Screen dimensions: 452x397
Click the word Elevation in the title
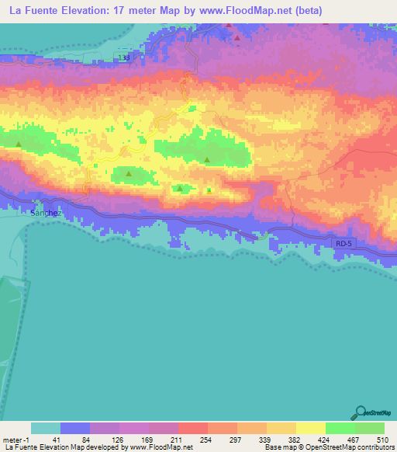[95, 10]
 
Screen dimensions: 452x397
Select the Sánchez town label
[46, 212]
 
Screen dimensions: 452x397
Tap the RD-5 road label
[343, 243]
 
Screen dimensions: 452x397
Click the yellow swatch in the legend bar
[310, 428]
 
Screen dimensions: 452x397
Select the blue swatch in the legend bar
[75, 428]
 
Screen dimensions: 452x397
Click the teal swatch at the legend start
[46, 428]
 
